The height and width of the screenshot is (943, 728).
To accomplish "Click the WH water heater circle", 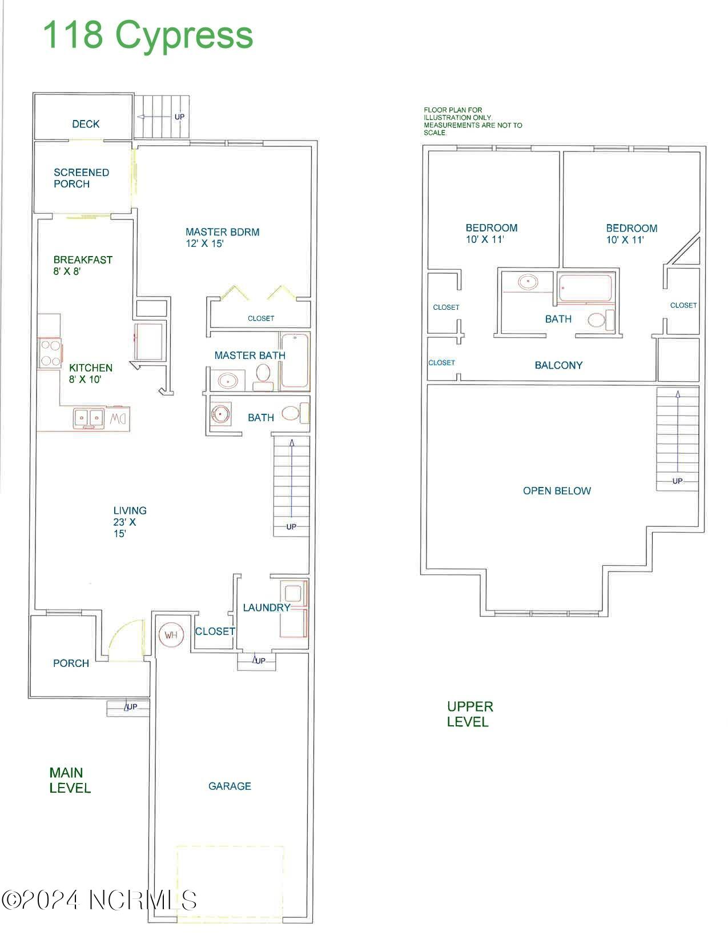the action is (171, 635).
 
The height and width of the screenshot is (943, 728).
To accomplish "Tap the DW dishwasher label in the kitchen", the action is (118, 419).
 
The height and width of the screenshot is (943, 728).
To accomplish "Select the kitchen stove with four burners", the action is (50, 353).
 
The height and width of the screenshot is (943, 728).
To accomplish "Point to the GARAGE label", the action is (230, 786).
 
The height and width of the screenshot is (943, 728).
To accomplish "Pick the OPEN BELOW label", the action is (557, 491).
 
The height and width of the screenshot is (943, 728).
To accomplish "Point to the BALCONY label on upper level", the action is (558, 365).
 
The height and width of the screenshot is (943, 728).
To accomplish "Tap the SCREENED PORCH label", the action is (81, 178).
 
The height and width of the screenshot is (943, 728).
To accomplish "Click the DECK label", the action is (86, 124).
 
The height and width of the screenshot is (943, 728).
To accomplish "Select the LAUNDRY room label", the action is (266, 608).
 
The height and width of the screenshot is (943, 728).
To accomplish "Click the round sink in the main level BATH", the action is (221, 414).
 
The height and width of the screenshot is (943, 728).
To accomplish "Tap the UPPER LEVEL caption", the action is (470, 714).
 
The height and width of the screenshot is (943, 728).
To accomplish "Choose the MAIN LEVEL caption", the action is (70, 780).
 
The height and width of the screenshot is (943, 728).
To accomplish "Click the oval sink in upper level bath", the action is (528, 282).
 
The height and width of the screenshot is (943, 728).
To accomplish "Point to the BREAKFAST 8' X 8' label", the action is (83, 265).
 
